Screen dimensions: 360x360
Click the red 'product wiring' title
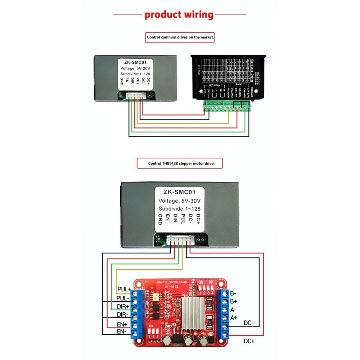(x=179, y=15)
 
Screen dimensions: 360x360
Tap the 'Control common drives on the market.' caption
(x=180, y=37)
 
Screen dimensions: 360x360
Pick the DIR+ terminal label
(x=123, y=306)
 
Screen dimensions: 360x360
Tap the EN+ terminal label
(x=122, y=324)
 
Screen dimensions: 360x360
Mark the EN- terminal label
(x=122, y=332)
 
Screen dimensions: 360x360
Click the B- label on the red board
(x=234, y=293)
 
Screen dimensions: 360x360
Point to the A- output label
(x=234, y=310)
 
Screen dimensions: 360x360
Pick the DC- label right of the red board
(x=249, y=323)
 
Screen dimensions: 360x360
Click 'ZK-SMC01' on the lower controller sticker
(x=180, y=192)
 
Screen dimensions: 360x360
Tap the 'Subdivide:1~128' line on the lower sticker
(x=180, y=209)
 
